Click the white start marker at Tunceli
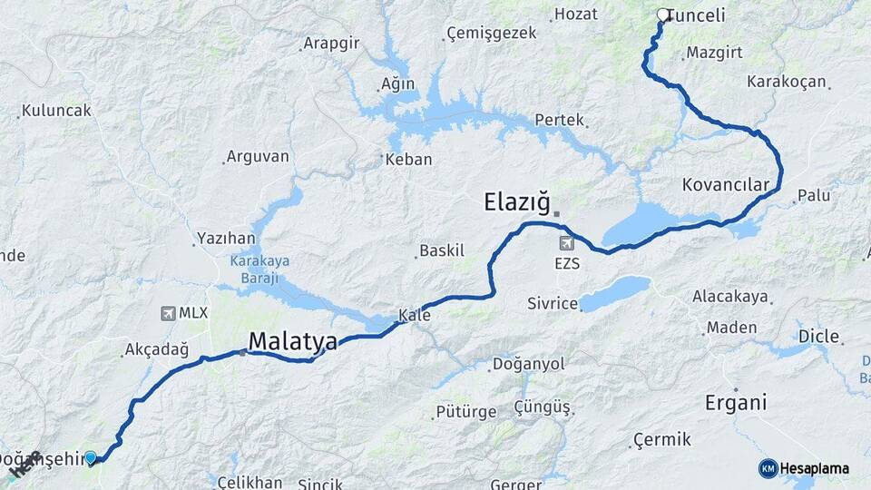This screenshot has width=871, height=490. coord(663,15)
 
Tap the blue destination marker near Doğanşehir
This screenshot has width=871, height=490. coord(90,458)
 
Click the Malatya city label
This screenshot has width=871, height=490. coord(292,341)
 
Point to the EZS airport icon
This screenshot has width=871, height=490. coord(568,243)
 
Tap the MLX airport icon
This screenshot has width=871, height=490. coord(168,313)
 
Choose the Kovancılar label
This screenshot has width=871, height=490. coord(725,185)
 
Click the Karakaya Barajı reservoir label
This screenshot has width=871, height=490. coord(259,269)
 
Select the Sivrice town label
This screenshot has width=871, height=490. coord(553,303)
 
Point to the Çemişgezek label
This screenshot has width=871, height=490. coord(486,34)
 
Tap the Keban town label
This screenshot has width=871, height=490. coord(408,160)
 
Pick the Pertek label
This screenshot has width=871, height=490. coord(560,120)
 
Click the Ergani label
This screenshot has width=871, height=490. coord(736,402)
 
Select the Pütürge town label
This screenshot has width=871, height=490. coord(466,412)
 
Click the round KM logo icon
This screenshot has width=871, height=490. coord(768,468)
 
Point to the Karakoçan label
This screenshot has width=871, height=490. coord(787,82)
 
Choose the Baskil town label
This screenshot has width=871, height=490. coord(442,250)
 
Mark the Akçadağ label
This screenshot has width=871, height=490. coord(156,349)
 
